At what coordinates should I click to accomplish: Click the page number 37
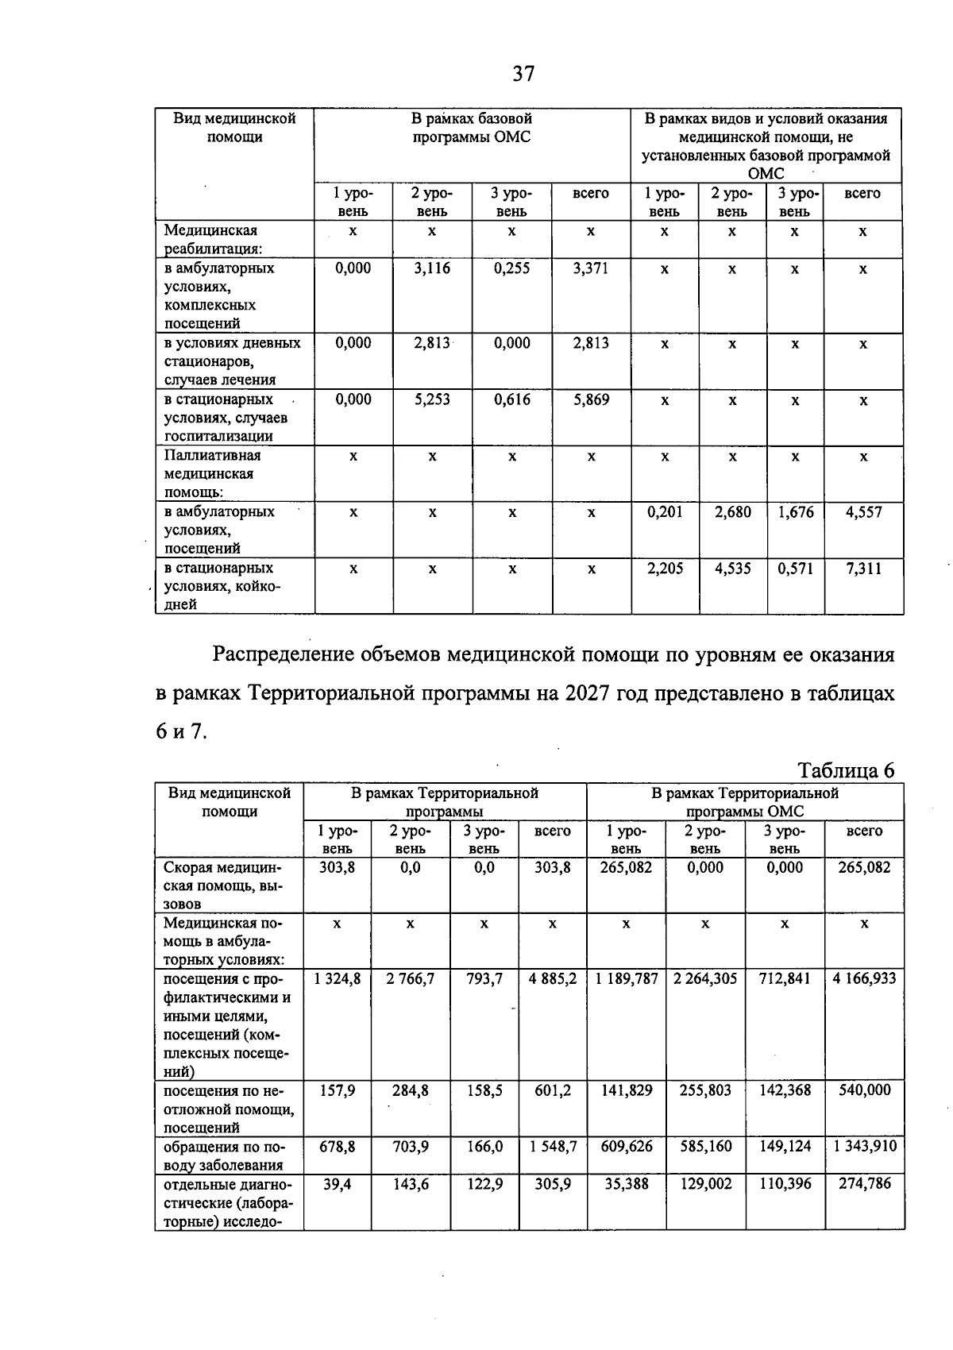(523, 75)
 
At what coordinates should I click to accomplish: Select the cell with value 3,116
(432, 269)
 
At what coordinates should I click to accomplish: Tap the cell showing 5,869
(592, 400)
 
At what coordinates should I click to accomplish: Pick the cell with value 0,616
(512, 400)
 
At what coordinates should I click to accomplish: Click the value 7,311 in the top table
(863, 569)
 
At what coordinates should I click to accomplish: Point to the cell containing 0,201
(665, 512)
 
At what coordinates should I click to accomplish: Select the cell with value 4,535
(732, 569)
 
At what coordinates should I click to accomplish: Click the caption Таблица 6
(846, 770)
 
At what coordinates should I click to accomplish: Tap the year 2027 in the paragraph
(588, 693)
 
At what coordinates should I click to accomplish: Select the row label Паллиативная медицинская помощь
(212, 474)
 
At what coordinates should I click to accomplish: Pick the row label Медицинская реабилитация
(211, 239)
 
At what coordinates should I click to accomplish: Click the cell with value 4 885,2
(553, 979)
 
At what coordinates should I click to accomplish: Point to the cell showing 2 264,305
(705, 979)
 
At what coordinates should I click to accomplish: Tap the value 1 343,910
(864, 1147)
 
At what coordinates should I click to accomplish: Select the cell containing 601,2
(553, 1091)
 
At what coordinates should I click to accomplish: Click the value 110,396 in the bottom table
(785, 1184)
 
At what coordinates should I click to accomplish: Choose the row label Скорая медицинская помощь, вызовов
(223, 885)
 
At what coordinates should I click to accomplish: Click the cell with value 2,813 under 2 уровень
(432, 344)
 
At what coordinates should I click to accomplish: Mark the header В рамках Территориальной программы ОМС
(745, 802)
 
